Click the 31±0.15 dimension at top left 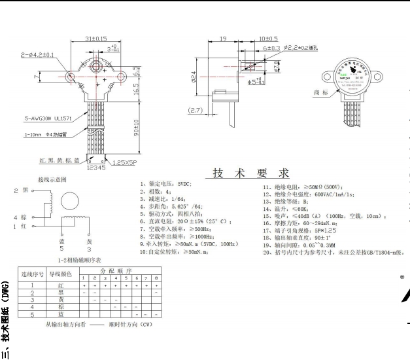click(97, 39)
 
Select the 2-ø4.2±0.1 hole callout click(39, 54)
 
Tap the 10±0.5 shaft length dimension click(268, 39)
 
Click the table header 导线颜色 click(61, 272)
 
